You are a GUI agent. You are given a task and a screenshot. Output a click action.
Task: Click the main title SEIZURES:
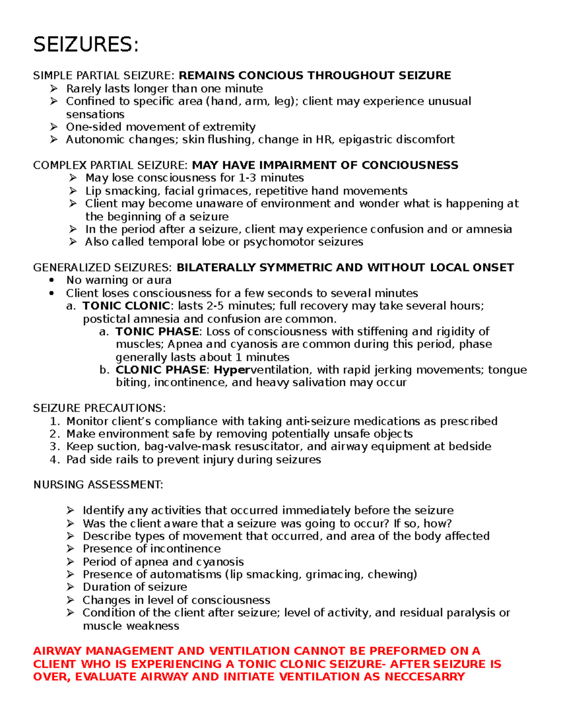(86, 45)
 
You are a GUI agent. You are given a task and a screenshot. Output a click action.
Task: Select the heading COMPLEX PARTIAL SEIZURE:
(110, 165)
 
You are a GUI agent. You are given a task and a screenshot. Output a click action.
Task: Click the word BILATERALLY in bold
(216, 268)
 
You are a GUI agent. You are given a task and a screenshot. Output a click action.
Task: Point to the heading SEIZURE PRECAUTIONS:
(99, 409)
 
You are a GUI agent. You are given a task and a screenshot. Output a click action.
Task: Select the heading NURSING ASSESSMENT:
(98, 485)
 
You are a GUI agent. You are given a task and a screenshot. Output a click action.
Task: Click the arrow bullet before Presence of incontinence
(71, 549)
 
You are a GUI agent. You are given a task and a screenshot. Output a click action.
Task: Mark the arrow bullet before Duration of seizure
(71, 587)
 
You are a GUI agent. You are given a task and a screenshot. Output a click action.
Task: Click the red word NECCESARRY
(424, 677)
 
